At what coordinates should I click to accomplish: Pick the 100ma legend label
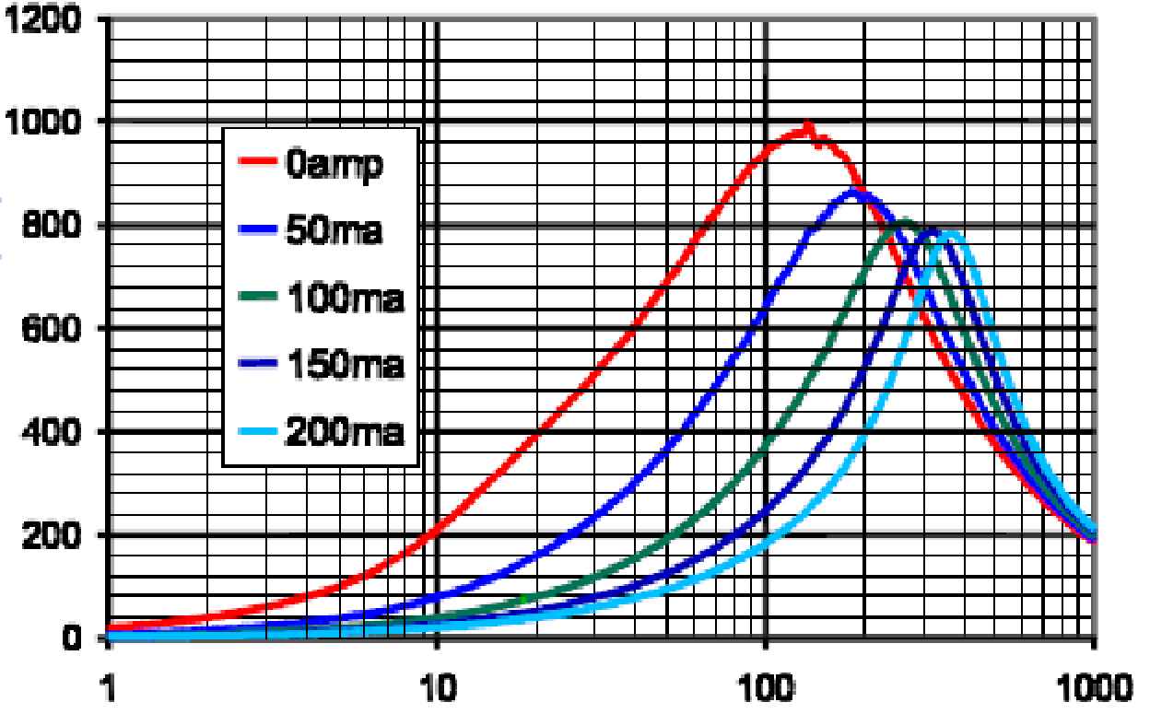tap(344, 298)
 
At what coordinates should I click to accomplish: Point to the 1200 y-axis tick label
tap(43, 19)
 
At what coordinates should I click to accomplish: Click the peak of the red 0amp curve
tap(807, 128)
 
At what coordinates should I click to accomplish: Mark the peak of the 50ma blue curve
tap(853, 191)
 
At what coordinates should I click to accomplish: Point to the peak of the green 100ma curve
tap(904, 221)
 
